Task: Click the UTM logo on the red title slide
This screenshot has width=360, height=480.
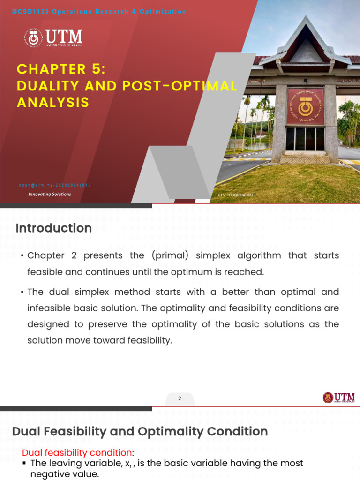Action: coord(53,38)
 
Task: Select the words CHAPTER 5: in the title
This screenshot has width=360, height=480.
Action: coord(61,69)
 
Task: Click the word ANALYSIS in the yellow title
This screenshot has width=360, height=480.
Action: coord(53,102)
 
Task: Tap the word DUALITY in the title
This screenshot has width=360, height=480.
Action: coord(43,86)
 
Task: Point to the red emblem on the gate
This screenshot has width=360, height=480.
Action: coord(305,106)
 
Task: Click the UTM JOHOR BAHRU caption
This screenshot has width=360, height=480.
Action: coord(235,195)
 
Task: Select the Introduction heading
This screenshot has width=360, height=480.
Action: coord(53,228)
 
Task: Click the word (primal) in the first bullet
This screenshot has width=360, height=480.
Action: coord(169,255)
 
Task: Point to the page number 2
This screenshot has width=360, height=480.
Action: coord(180,399)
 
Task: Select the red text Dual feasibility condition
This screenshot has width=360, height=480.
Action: coord(77,452)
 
